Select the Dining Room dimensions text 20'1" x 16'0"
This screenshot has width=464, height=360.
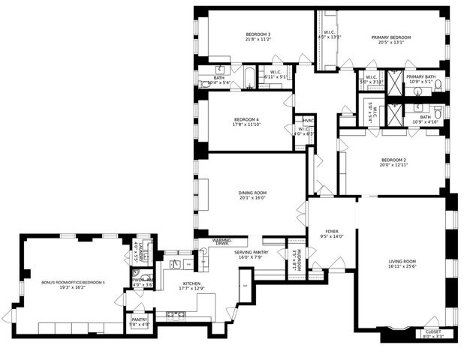(253, 199)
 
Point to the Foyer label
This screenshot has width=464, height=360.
(331, 231)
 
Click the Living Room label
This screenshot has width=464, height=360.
(402, 261)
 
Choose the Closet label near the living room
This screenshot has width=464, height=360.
(433, 331)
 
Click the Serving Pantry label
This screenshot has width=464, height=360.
(251, 253)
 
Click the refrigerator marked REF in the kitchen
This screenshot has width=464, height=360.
(245, 285)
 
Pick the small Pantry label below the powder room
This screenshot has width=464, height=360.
(140, 319)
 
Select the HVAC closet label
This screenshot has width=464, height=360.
(308, 120)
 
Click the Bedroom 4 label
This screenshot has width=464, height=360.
(246, 120)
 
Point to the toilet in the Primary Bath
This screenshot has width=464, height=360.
(438, 89)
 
